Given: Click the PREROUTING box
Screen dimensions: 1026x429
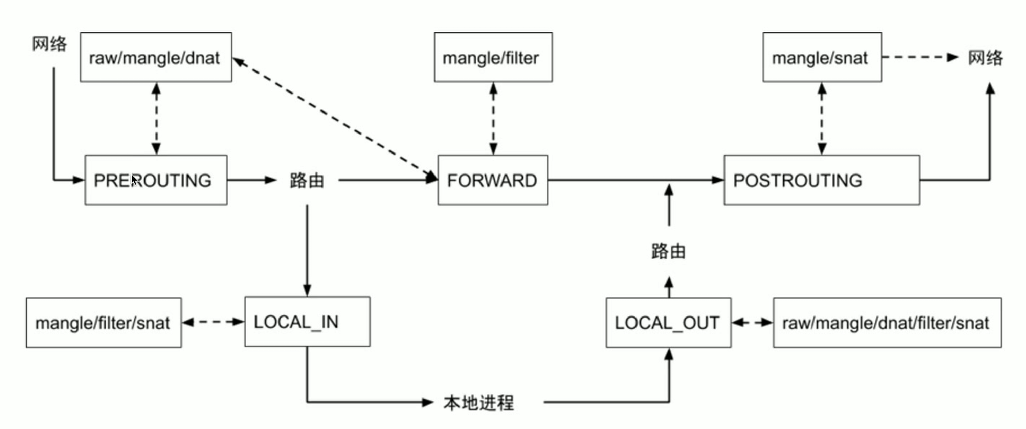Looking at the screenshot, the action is tap(156, 180).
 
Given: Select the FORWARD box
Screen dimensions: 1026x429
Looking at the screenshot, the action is tap(493, 180).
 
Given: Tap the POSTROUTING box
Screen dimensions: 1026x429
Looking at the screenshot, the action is tap(822, 180).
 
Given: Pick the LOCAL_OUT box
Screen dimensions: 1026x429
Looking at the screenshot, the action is tap(668, 323).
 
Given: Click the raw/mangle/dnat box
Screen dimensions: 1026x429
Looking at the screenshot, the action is tap(156, 57).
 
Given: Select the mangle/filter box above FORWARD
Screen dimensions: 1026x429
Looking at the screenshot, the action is tap(493, 57).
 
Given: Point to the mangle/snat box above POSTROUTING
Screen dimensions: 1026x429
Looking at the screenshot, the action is tap(822, 57).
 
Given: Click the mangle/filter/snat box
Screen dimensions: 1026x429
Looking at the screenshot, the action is tap(104, 323).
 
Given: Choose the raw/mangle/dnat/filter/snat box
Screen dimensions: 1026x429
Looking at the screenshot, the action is tap(887, 323).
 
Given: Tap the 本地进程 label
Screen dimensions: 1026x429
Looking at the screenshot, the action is tap(478, 403).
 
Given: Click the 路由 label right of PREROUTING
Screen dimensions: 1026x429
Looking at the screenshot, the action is tap(307, 181).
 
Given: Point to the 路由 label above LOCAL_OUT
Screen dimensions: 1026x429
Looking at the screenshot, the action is tap(668, 251).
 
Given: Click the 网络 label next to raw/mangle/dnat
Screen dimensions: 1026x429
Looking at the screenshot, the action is tap(49, 43).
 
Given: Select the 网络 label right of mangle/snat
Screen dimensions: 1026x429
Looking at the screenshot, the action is tap(985, 58).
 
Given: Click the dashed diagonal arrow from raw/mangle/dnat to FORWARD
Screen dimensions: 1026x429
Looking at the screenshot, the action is tap(335, 119).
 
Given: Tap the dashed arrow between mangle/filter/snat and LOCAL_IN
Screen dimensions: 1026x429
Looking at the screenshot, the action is tap(213, 322).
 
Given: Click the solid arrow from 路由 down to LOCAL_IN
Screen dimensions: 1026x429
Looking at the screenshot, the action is tap(307, 251).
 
